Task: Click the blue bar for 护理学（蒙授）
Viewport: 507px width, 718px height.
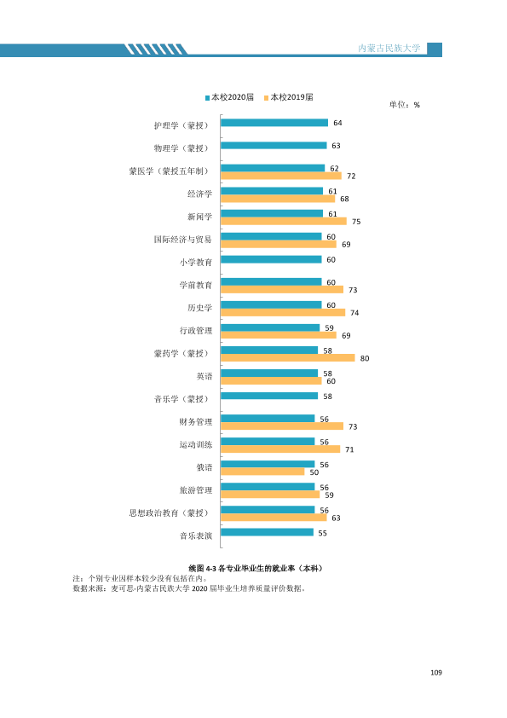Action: [x=274, y=123]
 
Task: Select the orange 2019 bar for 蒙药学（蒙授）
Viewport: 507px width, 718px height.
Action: [x=288, y=357]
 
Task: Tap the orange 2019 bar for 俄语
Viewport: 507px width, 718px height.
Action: [x=262, y=472]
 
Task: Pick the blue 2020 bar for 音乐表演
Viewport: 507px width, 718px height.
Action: [x=268, y=532]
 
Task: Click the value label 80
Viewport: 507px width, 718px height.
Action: [x=365, y=358]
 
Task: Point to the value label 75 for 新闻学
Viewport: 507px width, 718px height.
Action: [x=356, y=222]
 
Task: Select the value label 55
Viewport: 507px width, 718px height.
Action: [x=323, y=534]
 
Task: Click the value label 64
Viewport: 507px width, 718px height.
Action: [x=337, y=123]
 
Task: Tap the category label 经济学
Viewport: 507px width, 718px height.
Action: [x=200, y=194]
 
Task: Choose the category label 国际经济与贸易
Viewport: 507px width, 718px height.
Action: [x=183, y=240]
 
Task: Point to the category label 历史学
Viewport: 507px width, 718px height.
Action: [x=200, y=308]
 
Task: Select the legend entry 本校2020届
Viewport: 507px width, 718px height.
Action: [x=230, y=97]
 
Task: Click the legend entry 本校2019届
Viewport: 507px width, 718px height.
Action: [x=289, y=97]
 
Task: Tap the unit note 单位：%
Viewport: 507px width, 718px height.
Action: [x=405, y=105]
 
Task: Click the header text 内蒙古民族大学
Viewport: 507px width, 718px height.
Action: [x=389, y=48]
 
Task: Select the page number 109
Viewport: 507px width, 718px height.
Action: [x=436, y=673]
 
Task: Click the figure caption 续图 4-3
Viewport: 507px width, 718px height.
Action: [x=202, y=568]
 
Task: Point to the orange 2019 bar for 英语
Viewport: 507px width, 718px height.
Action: [x=271, y=380]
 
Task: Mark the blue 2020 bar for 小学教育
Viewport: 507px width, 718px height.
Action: [x=271, y=259]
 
